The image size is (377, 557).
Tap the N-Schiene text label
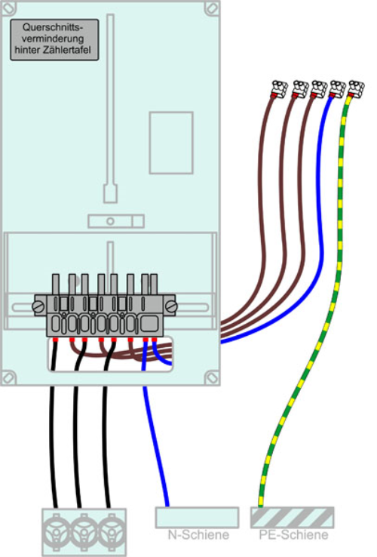pos(198,535)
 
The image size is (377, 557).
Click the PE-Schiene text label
pos(293,535)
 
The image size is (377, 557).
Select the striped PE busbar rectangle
pos(292,518)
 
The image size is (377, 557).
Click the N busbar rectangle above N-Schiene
pos(197,518)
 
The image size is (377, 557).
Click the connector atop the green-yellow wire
pos(356,89)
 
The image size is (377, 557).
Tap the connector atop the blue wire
pos(337,89)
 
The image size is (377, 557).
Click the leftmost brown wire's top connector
pos(279,89)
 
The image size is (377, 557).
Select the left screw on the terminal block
pos(39,306)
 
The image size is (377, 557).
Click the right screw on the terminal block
pos(170,306)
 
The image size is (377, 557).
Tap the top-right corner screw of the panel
pos(213,8)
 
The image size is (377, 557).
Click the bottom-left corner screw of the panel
pos(8,377)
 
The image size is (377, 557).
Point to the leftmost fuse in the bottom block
pos(56,532)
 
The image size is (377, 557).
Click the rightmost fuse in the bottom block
pos(112,532)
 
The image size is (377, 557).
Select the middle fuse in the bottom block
pos(84,532)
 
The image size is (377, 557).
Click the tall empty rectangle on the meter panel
pos(171,143)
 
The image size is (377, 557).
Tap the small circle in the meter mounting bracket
pos(110,221)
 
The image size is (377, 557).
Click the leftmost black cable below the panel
pos(54,447)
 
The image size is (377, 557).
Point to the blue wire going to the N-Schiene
pos(155,447)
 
